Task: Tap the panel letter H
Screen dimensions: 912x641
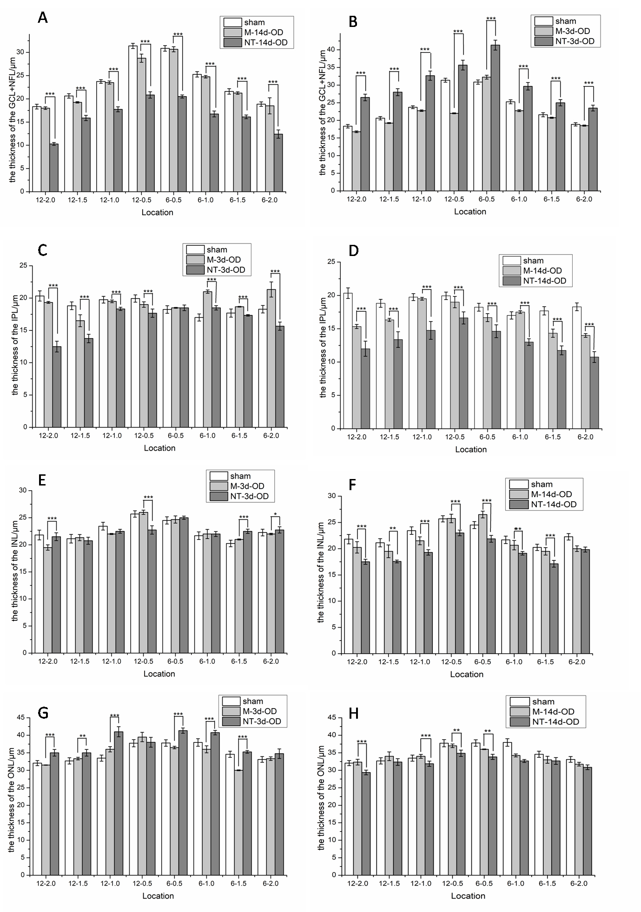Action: coord(353,713)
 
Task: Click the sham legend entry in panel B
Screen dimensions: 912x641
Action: coord(565,21)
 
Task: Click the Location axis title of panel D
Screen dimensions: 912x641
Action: coord(470,449)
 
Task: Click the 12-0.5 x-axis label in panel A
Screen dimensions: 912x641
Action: coord(142,200)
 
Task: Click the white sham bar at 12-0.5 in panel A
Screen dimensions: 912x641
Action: coord(133,118)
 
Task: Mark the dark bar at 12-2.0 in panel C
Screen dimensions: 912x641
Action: coord(57,387)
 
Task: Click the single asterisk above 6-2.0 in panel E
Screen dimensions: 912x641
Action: coord(276,514)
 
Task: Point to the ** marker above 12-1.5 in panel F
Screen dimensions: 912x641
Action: coord(393,529)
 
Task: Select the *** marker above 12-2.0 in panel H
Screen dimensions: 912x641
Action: coord(362,742)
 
